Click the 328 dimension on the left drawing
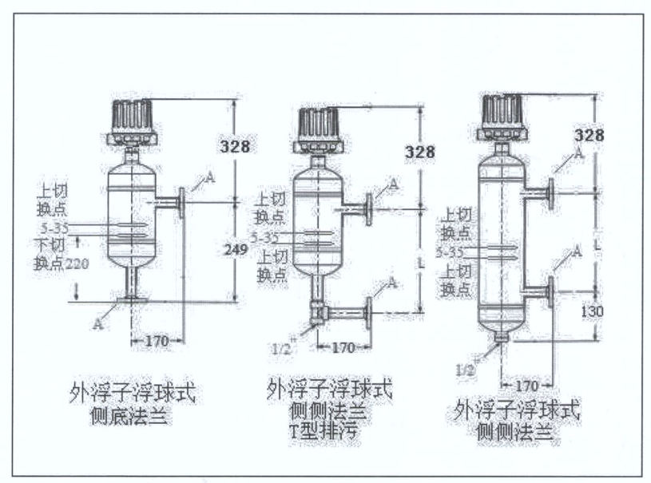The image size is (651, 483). click(x=234, y=147)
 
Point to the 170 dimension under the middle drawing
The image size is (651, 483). click(x=343, y=347)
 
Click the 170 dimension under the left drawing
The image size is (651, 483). click(x=157, y=341)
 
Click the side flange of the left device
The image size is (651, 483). click(x=183, y=203)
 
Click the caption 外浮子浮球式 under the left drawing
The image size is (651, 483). click(x=130, y=394)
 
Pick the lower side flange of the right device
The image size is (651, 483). click(x=551, y=292)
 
